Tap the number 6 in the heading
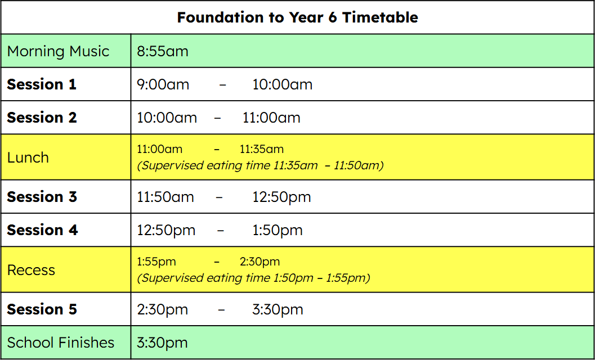coord(332,17)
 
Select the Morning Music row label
coord(58,51)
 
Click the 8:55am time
coord(163,51)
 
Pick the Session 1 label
coord(42,84)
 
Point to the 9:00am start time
coord(163,84)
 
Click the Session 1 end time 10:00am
coord(283,84)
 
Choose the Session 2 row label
coord(42,118)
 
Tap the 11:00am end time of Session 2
coord(271,118)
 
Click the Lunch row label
coord(28,157)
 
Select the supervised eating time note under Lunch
coord(260,166)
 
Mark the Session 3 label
coord(42,197)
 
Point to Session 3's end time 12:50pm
coord(281,197)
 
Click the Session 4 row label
coord(42,230)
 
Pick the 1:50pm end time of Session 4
coord(278,230)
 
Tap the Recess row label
coord(31,270)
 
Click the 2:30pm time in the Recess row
coord(260,262)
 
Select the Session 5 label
coord(42,309)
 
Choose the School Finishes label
coord(61,343)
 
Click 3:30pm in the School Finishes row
coord(162,343)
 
